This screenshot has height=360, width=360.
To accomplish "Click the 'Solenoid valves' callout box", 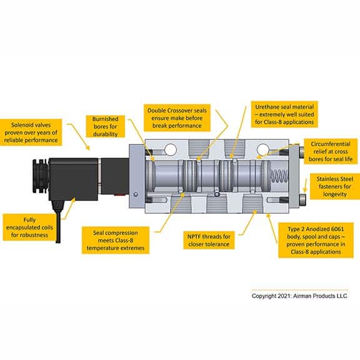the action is [31, 132].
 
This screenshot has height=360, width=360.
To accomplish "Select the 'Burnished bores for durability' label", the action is [106, 126].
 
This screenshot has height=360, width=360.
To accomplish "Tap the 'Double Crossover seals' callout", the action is [177, 118].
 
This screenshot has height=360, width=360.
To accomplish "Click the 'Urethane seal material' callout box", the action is [284, 114].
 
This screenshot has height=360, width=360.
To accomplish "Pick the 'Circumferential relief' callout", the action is [331, 151].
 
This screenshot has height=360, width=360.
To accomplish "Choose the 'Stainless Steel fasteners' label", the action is [335, 186].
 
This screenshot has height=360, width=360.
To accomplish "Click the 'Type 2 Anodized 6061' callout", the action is [316, 240].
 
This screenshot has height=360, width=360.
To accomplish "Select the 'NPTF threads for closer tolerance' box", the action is [209, 240].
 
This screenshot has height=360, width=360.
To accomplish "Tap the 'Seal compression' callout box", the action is [116, 240].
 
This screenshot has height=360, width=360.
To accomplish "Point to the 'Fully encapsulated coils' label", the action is [29, 227].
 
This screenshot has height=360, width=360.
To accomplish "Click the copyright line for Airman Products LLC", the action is [299, 296].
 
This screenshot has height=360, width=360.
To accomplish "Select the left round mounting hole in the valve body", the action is [171, 150].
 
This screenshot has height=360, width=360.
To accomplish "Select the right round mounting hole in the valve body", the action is [262, 150].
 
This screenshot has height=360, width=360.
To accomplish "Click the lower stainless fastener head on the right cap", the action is [302, 200].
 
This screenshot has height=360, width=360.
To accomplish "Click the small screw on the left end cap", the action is [136, 194].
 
